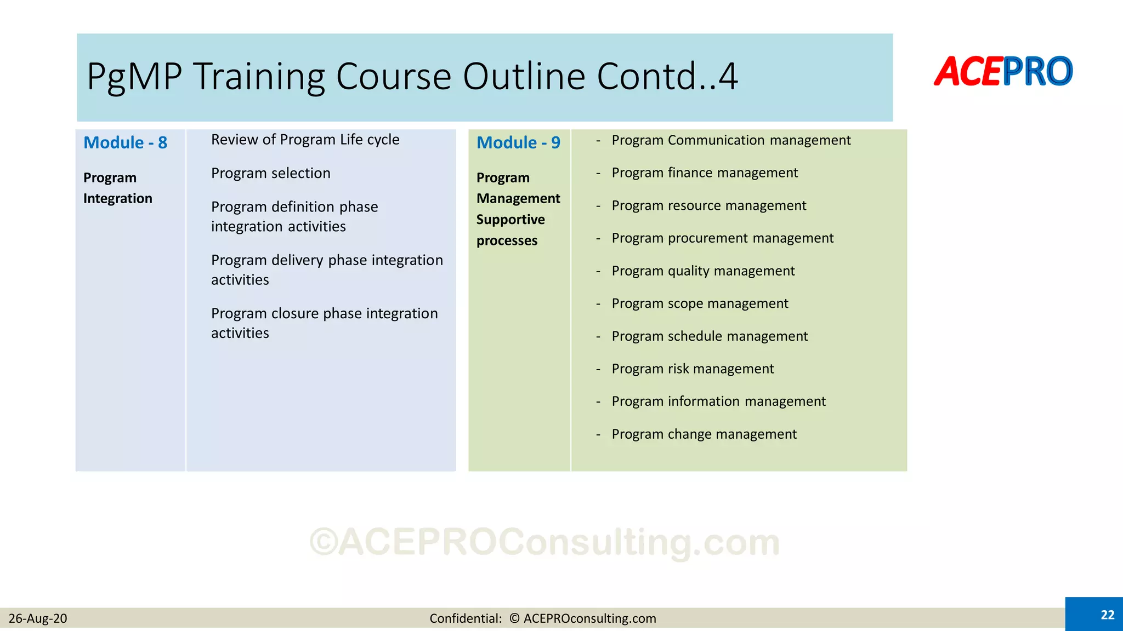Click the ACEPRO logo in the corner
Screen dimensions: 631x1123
(x=1003, y=72)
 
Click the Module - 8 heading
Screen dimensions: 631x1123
(x=125, y=142)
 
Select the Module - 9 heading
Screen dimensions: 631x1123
(x=518, y=142)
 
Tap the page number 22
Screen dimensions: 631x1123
(x=1107, y=615)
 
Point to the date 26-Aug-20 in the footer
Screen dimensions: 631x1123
(x=38, y=618)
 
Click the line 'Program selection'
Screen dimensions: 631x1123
(x=271, y=173)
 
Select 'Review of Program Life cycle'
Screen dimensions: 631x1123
(x=305, y=140)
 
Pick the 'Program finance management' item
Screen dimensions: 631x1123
(x=705, y=173)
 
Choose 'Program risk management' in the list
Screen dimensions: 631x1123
(x=693, y=369)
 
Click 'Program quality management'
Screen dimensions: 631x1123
(x=703, y=271)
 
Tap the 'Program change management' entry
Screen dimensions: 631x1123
(x=704, y=434)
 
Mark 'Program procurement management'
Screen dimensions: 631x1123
(x=722, y=238)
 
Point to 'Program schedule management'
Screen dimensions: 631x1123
(x=710, y=336)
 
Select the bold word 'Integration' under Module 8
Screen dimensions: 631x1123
(x=118, y=198)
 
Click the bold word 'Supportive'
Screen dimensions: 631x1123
(x=511, y=220)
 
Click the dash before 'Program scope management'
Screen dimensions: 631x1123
(x=598, y=304)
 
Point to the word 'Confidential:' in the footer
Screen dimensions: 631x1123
(x=466, y=618)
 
